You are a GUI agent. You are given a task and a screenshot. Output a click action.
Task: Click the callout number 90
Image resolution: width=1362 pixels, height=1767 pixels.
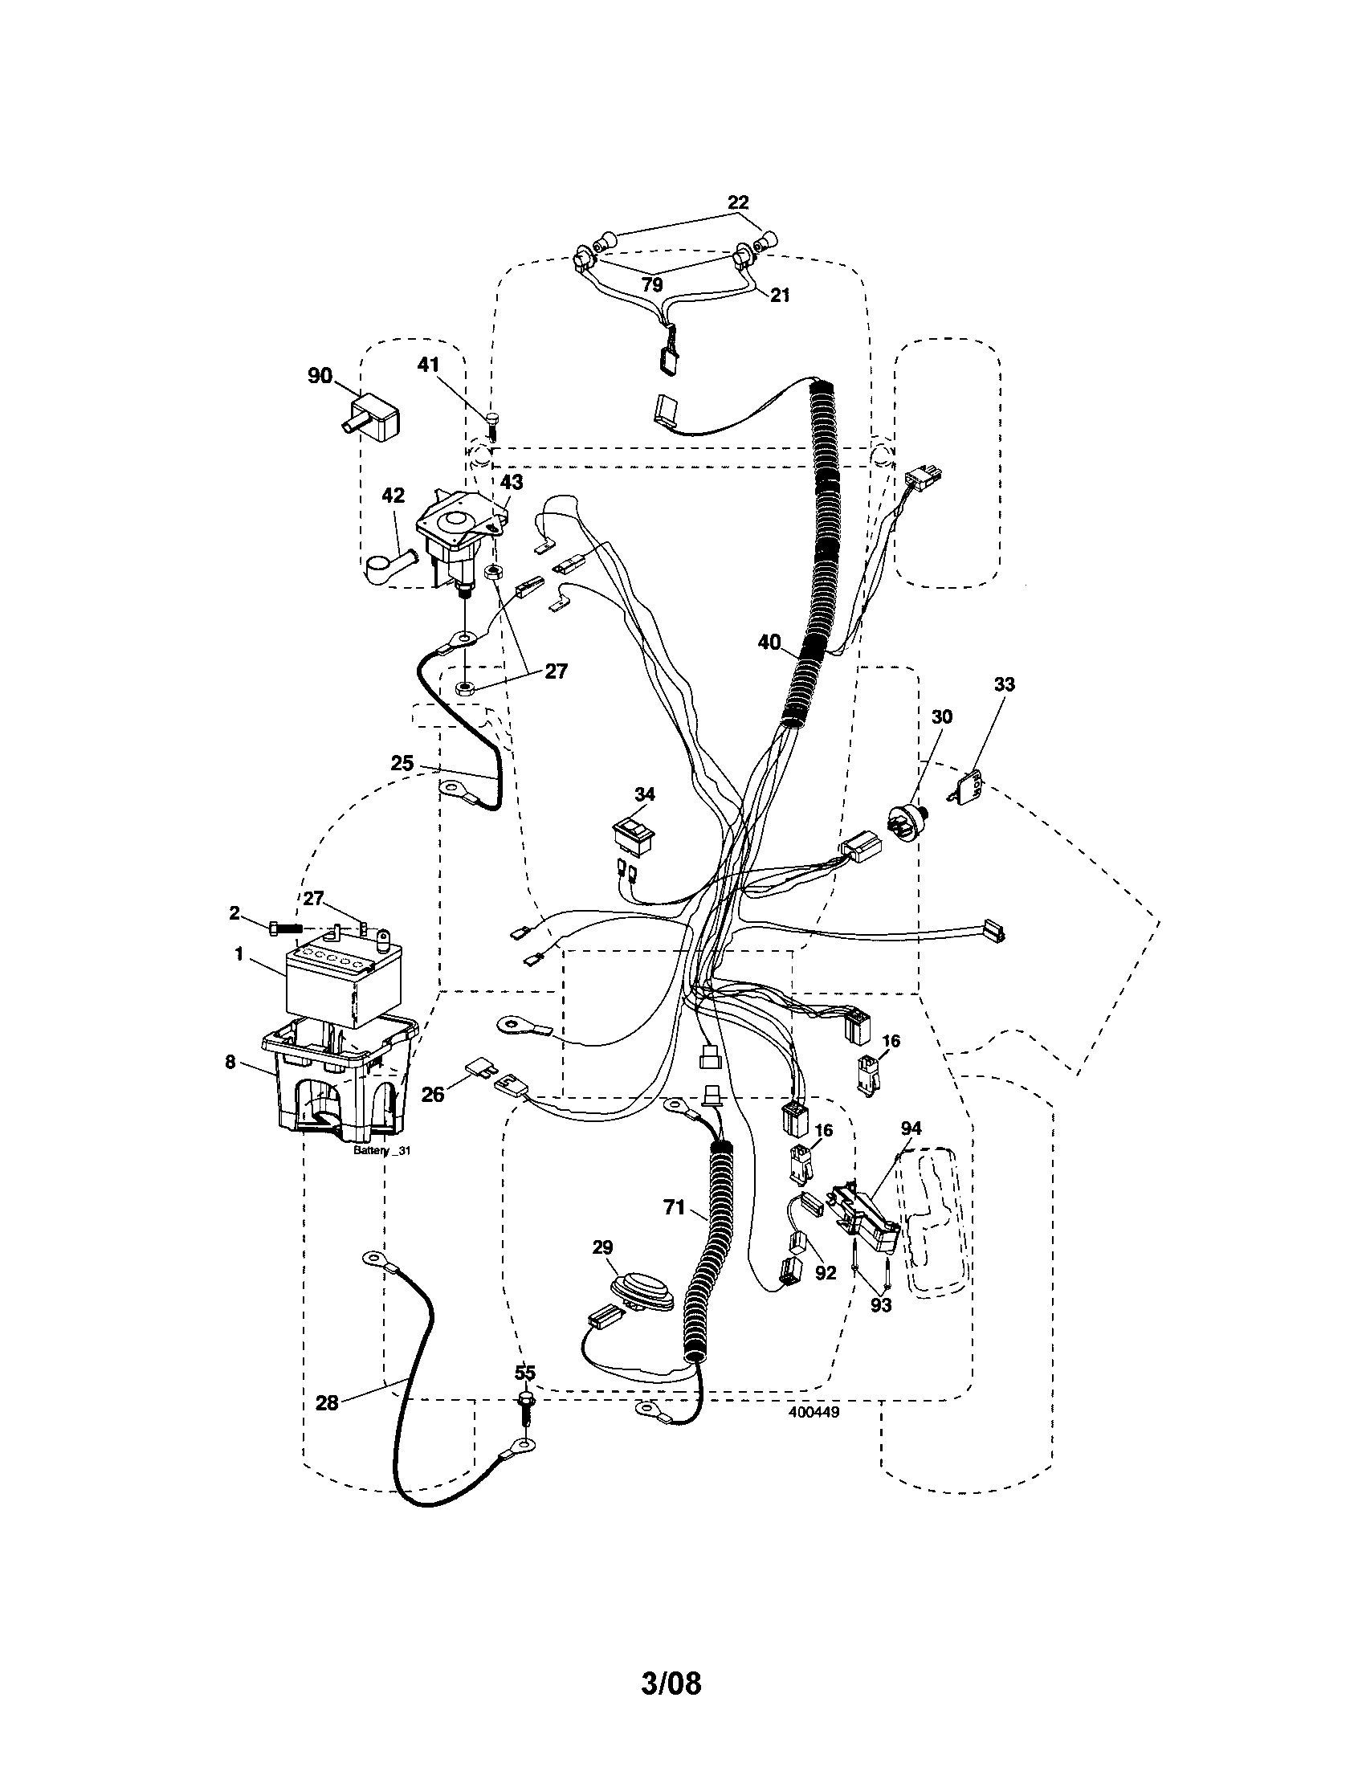pos(320,375)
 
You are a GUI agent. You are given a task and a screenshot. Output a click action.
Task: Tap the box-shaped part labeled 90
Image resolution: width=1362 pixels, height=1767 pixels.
pos(375,418)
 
